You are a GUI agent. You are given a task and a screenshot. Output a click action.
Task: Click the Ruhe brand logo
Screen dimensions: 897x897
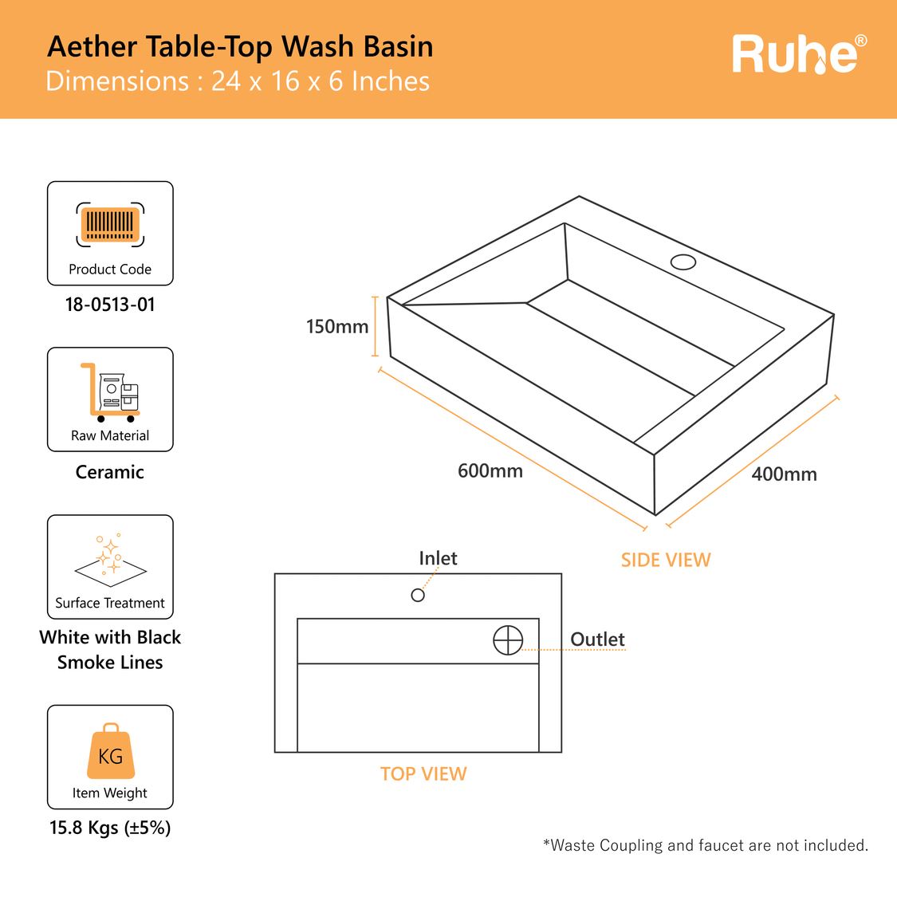click(798, 54)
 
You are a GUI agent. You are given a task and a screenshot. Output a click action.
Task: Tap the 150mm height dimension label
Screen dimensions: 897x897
click(337, 327)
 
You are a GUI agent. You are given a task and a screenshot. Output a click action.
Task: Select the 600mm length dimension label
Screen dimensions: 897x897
click(490, 471)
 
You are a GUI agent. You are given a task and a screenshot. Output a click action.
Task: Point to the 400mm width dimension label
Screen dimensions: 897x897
click(784, 474)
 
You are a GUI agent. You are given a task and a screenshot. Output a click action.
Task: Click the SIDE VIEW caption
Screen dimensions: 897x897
click(666, 561)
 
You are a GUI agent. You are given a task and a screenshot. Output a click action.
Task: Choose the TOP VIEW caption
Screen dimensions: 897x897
click(423, 774)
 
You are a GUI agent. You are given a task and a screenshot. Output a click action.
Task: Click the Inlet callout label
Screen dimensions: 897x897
click(438, 558)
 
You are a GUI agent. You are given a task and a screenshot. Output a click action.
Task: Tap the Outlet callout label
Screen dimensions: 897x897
click(597, 639)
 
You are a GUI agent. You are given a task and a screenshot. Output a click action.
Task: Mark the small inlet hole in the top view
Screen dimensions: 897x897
click(418, 595)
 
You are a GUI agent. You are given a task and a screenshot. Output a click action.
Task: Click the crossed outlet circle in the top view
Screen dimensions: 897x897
click(508, 639)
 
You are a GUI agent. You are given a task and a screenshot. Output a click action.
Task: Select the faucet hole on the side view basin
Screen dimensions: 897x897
click(683, 262)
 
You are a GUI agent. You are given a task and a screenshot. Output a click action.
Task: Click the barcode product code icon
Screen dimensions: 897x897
click(110, 225)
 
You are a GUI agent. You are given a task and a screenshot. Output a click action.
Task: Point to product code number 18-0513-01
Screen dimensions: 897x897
click(110, 305)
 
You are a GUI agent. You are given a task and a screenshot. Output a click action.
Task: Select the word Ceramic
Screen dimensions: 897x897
click(110, 472)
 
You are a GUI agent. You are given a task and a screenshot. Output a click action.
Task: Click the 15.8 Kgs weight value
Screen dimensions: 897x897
click(110, 828)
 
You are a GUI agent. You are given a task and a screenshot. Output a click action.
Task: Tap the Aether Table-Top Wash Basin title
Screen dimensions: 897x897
click(240, 47)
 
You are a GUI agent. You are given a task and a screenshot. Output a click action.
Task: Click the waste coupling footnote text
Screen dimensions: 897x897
click(705, 845)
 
